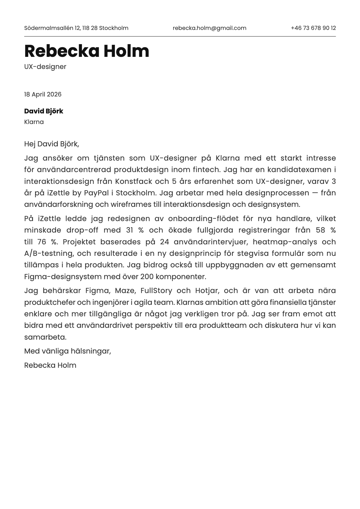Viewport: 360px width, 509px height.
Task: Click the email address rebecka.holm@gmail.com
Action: tap(209, 28)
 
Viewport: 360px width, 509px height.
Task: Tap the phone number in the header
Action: tap(313, 28)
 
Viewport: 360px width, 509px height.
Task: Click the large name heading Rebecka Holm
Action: tap(87, 51)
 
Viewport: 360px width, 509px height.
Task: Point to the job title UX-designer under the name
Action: tap(45, 67)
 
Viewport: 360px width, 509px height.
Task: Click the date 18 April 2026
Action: tap(43, 94)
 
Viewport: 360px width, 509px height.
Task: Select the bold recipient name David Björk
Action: tap(44, 111)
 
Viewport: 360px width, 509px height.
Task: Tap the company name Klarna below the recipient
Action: tap(34, 122)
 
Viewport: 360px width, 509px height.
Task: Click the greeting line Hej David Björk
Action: tap(51, 144)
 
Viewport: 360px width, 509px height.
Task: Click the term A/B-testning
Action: tap(48, 253)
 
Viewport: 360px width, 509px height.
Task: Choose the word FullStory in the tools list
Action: tap(156, 291)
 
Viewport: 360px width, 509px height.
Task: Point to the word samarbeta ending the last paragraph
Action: tap(45, 337)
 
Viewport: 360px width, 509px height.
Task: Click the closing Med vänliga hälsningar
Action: tap(67, 351)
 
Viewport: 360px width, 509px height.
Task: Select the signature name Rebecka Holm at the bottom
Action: tap(50, 365)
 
